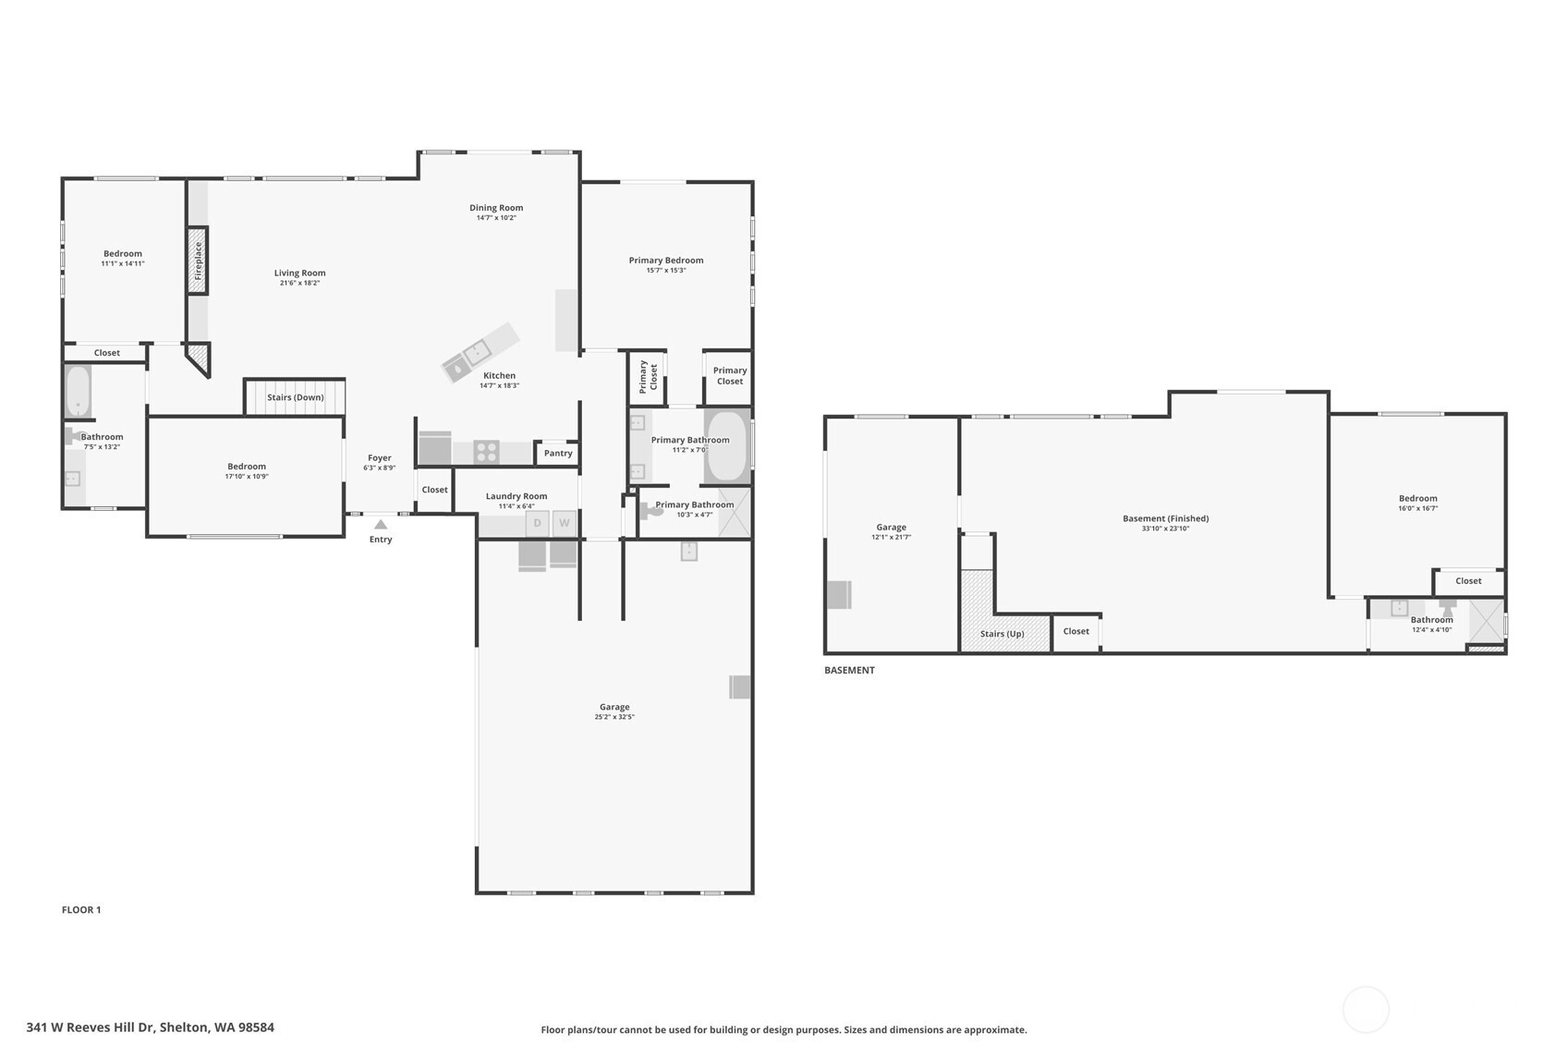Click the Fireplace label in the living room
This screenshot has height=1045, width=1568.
[x=198, y=261]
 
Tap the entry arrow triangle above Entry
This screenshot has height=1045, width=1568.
[x=380, y=524]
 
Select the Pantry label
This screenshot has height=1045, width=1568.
[x=558, y=453]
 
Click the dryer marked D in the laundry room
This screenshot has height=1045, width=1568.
[x=537, y=523]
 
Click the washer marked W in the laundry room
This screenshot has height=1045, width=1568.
[x=565, y=523]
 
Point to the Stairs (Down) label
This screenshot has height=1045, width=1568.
[x=296, y=397]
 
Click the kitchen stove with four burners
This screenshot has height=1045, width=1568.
[x=487, y=452]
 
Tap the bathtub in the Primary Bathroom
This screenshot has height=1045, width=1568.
[x=727, y=446]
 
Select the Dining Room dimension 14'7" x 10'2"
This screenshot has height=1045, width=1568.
[x=496, y=218]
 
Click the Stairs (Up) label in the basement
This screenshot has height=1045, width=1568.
[x=1002, y=634]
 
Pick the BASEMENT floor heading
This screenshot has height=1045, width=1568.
[x=849, y=670]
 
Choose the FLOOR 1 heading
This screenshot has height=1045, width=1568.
[x=81, y=910]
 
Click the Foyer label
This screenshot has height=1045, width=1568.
[x=380, y=457]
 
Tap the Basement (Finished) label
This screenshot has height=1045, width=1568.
[x=1165, y=518]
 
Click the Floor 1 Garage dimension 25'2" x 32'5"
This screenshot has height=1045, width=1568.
[x=614, y=717]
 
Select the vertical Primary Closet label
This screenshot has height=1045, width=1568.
[x=649, y=377]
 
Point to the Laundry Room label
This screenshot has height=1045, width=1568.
[x=517, y=496]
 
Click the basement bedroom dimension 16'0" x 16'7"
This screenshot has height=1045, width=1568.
[x=1417, y=509]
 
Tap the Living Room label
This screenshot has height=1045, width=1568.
[x=299, y=273]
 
